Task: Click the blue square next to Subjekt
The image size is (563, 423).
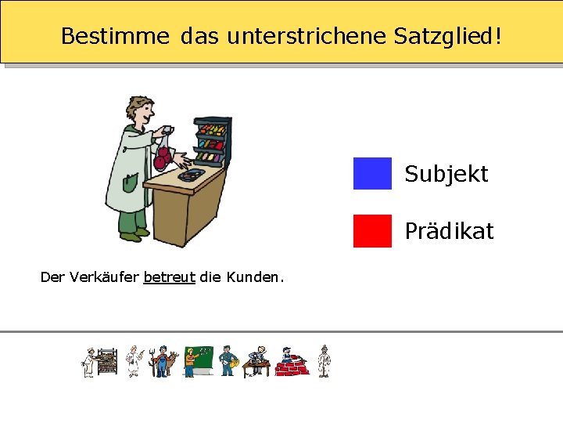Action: tap(371, 173)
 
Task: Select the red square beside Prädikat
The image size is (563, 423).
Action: tap(371, 231)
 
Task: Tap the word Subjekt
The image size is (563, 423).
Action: tap(446, 174)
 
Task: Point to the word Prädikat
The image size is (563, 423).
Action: tap(449, 232)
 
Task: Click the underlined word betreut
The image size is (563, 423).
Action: tap(169, 277)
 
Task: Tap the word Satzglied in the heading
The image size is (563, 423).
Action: tap(449, 36)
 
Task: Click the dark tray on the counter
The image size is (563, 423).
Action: tap(192, 174)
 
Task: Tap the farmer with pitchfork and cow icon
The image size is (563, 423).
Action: tap(163, 362)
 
